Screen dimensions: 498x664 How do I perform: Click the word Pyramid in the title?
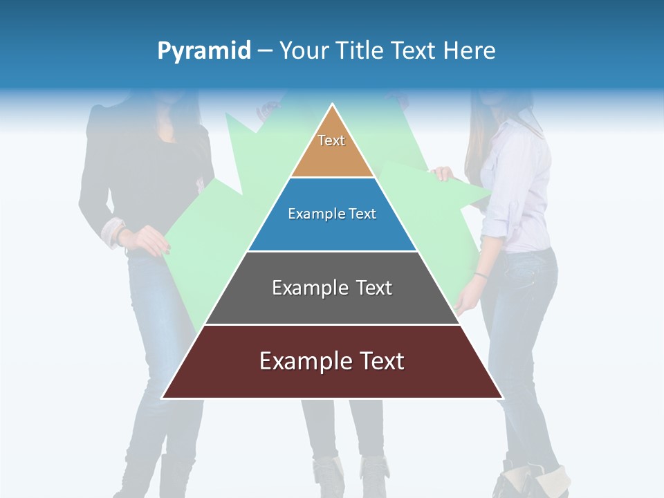pyautogui.click(x=204, y=50)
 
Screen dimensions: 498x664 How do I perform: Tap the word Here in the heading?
pyautogui.click(x=470, y=50)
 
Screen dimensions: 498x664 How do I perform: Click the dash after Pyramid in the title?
pyautogui.click(x=265, y=51)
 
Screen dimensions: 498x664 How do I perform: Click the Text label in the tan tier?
pyautogui.click(x=331, y=140)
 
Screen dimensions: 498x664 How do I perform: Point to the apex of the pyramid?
pyautogui.click(x=333, y=106)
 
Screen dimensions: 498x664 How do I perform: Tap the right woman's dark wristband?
pyautogui.click(x=481, y=275)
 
